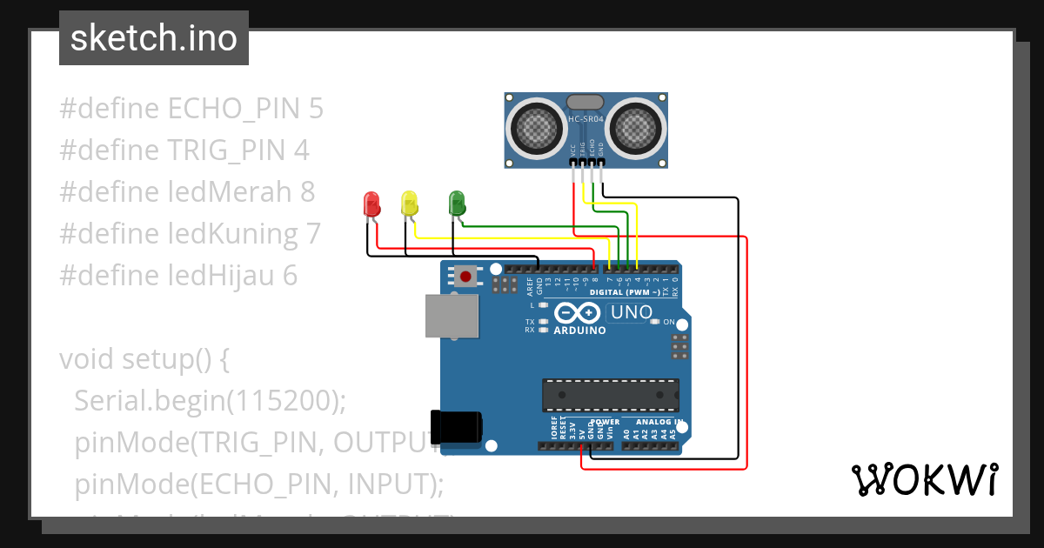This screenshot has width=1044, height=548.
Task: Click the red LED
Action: (x=371, y=204)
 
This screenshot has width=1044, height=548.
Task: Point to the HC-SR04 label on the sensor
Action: (x=586, y=120)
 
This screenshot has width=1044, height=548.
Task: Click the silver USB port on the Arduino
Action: (x=452, y=315)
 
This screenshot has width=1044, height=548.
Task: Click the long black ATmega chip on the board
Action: (x=610, y=394)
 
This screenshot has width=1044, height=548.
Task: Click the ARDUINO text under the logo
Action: (x=579, y=331)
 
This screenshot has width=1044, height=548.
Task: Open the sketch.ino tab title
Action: (x=154, y=38)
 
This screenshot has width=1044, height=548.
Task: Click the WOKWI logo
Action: (x=924, y=480)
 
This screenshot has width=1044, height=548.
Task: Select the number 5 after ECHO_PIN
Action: (x=315, y=109)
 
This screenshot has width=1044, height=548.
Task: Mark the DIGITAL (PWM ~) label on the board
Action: (x=631, y=292)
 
